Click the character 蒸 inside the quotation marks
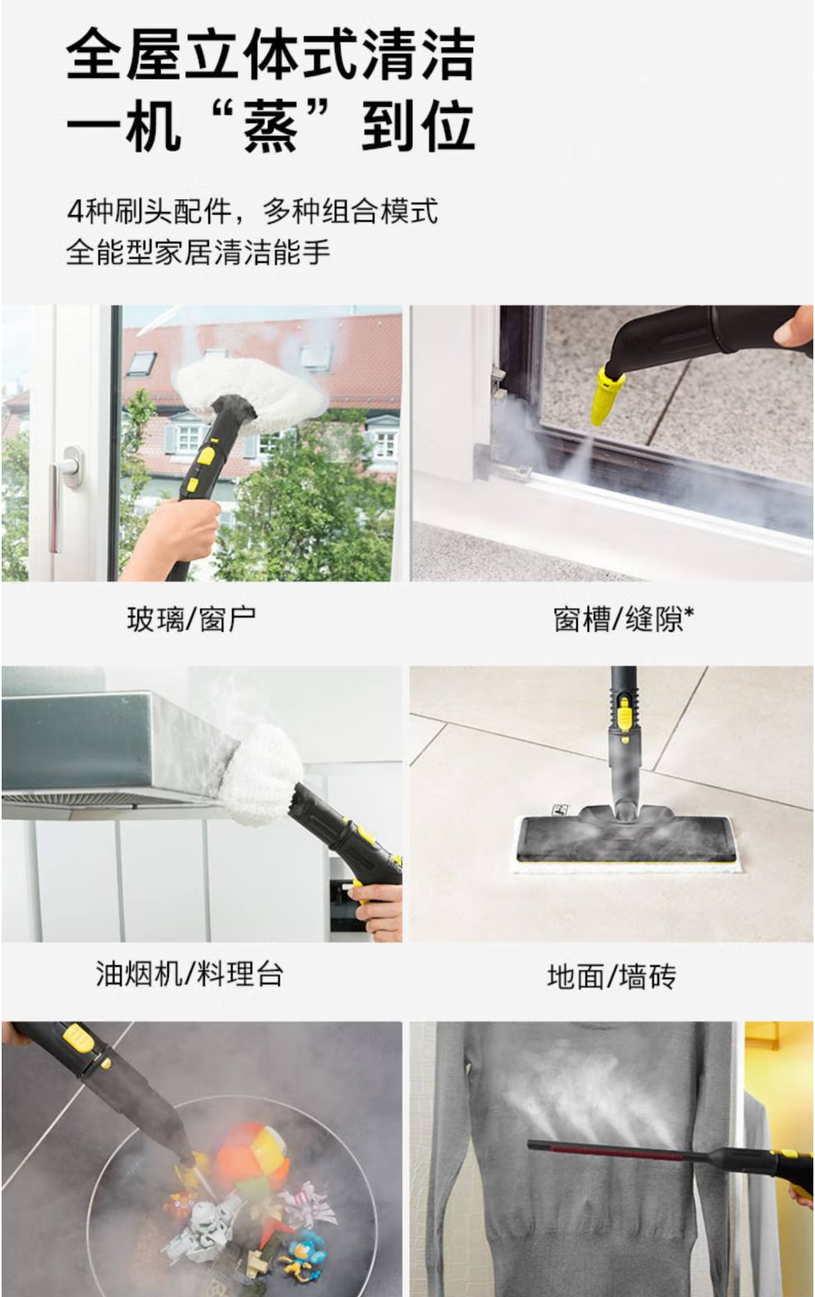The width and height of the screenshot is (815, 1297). [x=271, y=126]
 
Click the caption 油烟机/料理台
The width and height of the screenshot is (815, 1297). [x=189, y=974]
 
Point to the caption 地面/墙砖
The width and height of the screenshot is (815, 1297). [x=612, y=976]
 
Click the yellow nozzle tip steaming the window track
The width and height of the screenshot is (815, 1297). [x=607, y=395]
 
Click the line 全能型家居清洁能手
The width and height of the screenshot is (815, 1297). [x=198, y=253]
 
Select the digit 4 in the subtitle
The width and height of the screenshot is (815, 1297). [x=75, y=212]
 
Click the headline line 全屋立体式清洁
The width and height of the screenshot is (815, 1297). [x=271, y=54]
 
